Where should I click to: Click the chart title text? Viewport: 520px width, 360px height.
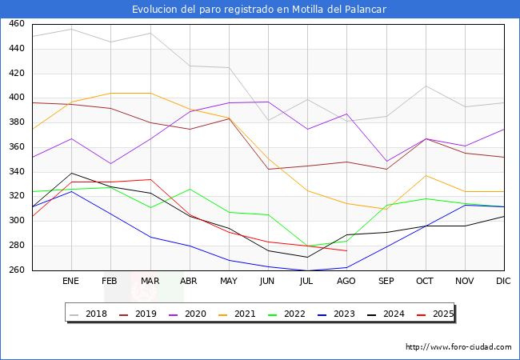pos(260,9)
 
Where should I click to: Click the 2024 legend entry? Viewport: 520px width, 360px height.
pos(391,314)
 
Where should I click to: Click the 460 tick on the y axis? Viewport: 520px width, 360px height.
pos(16,24)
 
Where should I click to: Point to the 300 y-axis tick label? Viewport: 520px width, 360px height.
pos(16,222)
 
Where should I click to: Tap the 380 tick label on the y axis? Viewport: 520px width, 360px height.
pos(16,122)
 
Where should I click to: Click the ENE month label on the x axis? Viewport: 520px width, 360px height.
pos(71,282)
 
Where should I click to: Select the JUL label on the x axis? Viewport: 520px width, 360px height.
pos(307,282)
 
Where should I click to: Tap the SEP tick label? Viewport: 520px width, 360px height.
pos(386,282)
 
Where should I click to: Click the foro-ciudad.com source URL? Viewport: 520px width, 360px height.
pos(458,347)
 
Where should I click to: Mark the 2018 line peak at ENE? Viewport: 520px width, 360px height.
pos(71,29)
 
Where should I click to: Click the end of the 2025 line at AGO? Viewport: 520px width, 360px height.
pos(346,250)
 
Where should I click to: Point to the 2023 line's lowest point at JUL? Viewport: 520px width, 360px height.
pos(307,270)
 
